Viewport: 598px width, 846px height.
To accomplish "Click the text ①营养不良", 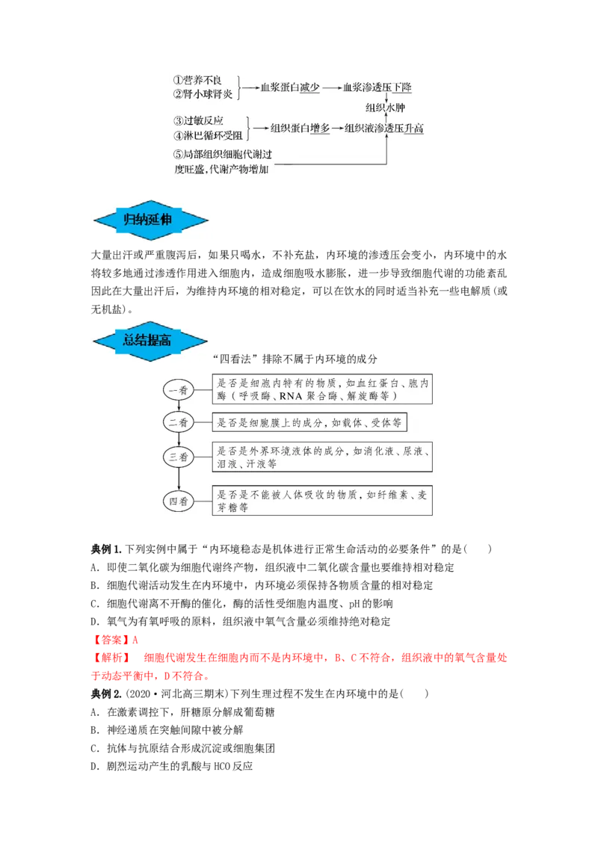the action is (x=197, y=80).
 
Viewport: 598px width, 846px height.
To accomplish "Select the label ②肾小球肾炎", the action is (x=203, y=94).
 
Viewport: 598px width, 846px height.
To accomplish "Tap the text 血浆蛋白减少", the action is (x=290, y=87).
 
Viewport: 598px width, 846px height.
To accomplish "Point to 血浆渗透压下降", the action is (x=377, y=87).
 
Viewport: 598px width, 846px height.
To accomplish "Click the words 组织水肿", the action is (x=384, y=108).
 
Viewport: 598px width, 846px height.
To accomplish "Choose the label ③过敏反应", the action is (x=198, y=121).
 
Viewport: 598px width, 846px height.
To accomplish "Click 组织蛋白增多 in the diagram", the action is (x=300, y=129).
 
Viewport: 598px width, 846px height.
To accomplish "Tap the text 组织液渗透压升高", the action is (x=384, y=129).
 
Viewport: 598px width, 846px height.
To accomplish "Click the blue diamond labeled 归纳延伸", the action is (x=152, y=220).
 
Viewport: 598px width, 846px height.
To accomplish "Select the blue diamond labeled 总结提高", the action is (x=149, y=341).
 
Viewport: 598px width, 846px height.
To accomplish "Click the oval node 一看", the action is (x=179, y=389).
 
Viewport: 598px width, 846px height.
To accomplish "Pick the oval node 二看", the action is (x=179, y=422).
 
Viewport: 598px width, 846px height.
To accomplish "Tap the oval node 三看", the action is (x=179, y=456).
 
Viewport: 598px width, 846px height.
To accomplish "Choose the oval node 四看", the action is (x=179, y=500).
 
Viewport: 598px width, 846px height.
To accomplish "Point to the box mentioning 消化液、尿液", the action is (x=322, y=457).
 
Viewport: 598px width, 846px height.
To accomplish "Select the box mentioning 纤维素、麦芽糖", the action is (x=322, y=501).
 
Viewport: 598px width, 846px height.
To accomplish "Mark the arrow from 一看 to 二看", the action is (x=179, y=406).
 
